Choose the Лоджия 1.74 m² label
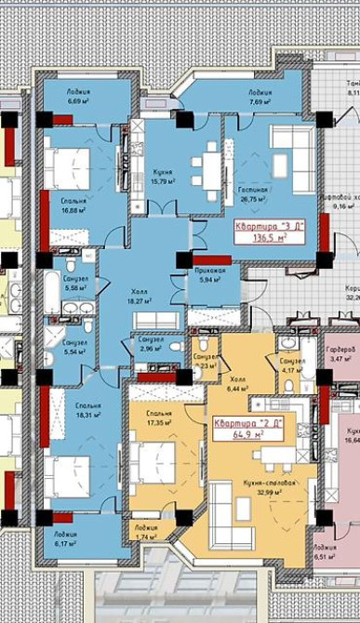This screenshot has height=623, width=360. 145,532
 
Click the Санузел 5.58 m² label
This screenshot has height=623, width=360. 76,285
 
